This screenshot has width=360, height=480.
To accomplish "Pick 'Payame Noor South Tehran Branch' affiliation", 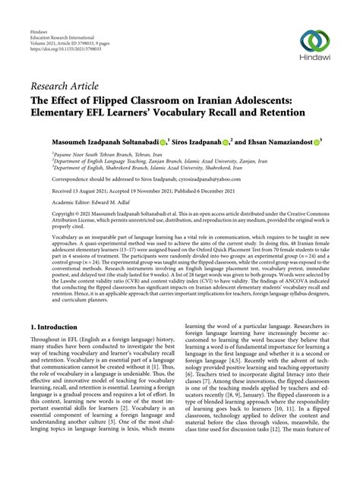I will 91,153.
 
